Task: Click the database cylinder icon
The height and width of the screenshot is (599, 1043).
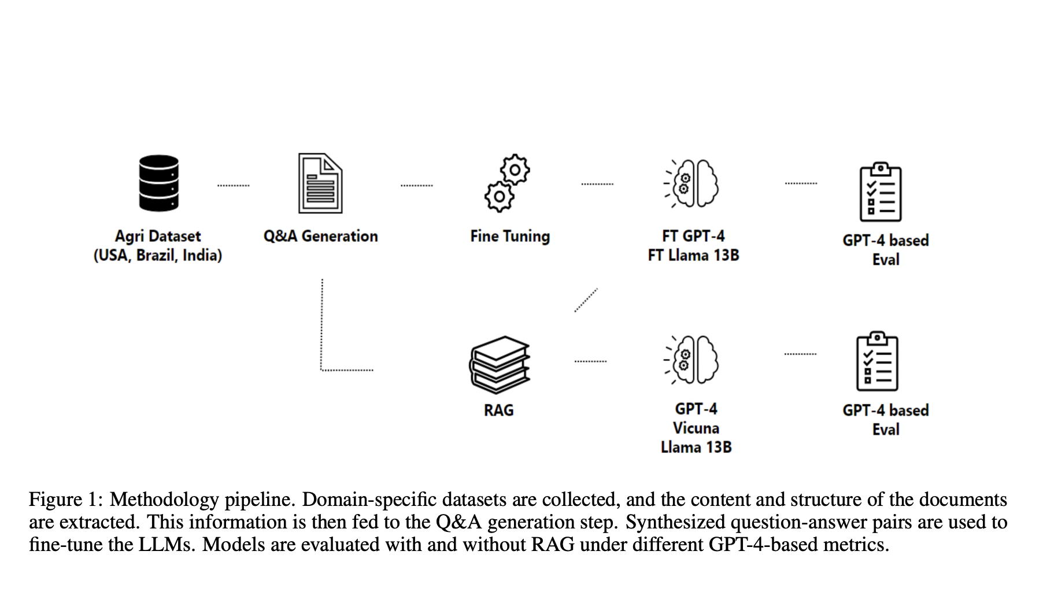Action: pos(158,183)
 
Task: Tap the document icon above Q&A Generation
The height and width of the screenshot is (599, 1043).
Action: pos(320,183)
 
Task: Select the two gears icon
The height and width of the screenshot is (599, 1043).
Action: pos(507,183)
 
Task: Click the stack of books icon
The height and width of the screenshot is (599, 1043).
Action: pos(499,365)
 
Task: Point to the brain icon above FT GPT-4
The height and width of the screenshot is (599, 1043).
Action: pos(693,183)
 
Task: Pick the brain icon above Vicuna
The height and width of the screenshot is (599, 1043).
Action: pos(693,360)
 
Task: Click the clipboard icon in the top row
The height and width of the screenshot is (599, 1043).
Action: pos(880,192)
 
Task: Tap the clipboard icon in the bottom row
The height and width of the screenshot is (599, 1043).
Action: pos(876,362)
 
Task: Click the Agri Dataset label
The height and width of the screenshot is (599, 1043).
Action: pos(158,236)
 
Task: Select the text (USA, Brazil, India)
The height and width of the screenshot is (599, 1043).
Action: pos(158,256)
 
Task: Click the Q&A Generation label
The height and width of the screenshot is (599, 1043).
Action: pos(320,236)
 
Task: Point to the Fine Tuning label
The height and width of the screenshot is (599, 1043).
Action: pos(510,236)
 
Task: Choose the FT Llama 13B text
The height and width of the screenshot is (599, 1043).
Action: pos(693,256)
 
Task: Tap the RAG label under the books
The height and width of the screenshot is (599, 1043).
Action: pos(498,411)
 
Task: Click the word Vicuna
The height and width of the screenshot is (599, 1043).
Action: pos(696,428)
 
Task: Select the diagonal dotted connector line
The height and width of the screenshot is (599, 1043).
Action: pos(586,300)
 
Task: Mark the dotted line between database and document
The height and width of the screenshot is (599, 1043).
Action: pos(233,186)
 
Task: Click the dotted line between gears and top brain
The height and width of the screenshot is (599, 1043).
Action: pos(597,184)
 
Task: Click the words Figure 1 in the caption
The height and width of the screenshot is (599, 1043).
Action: pos(65,500)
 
